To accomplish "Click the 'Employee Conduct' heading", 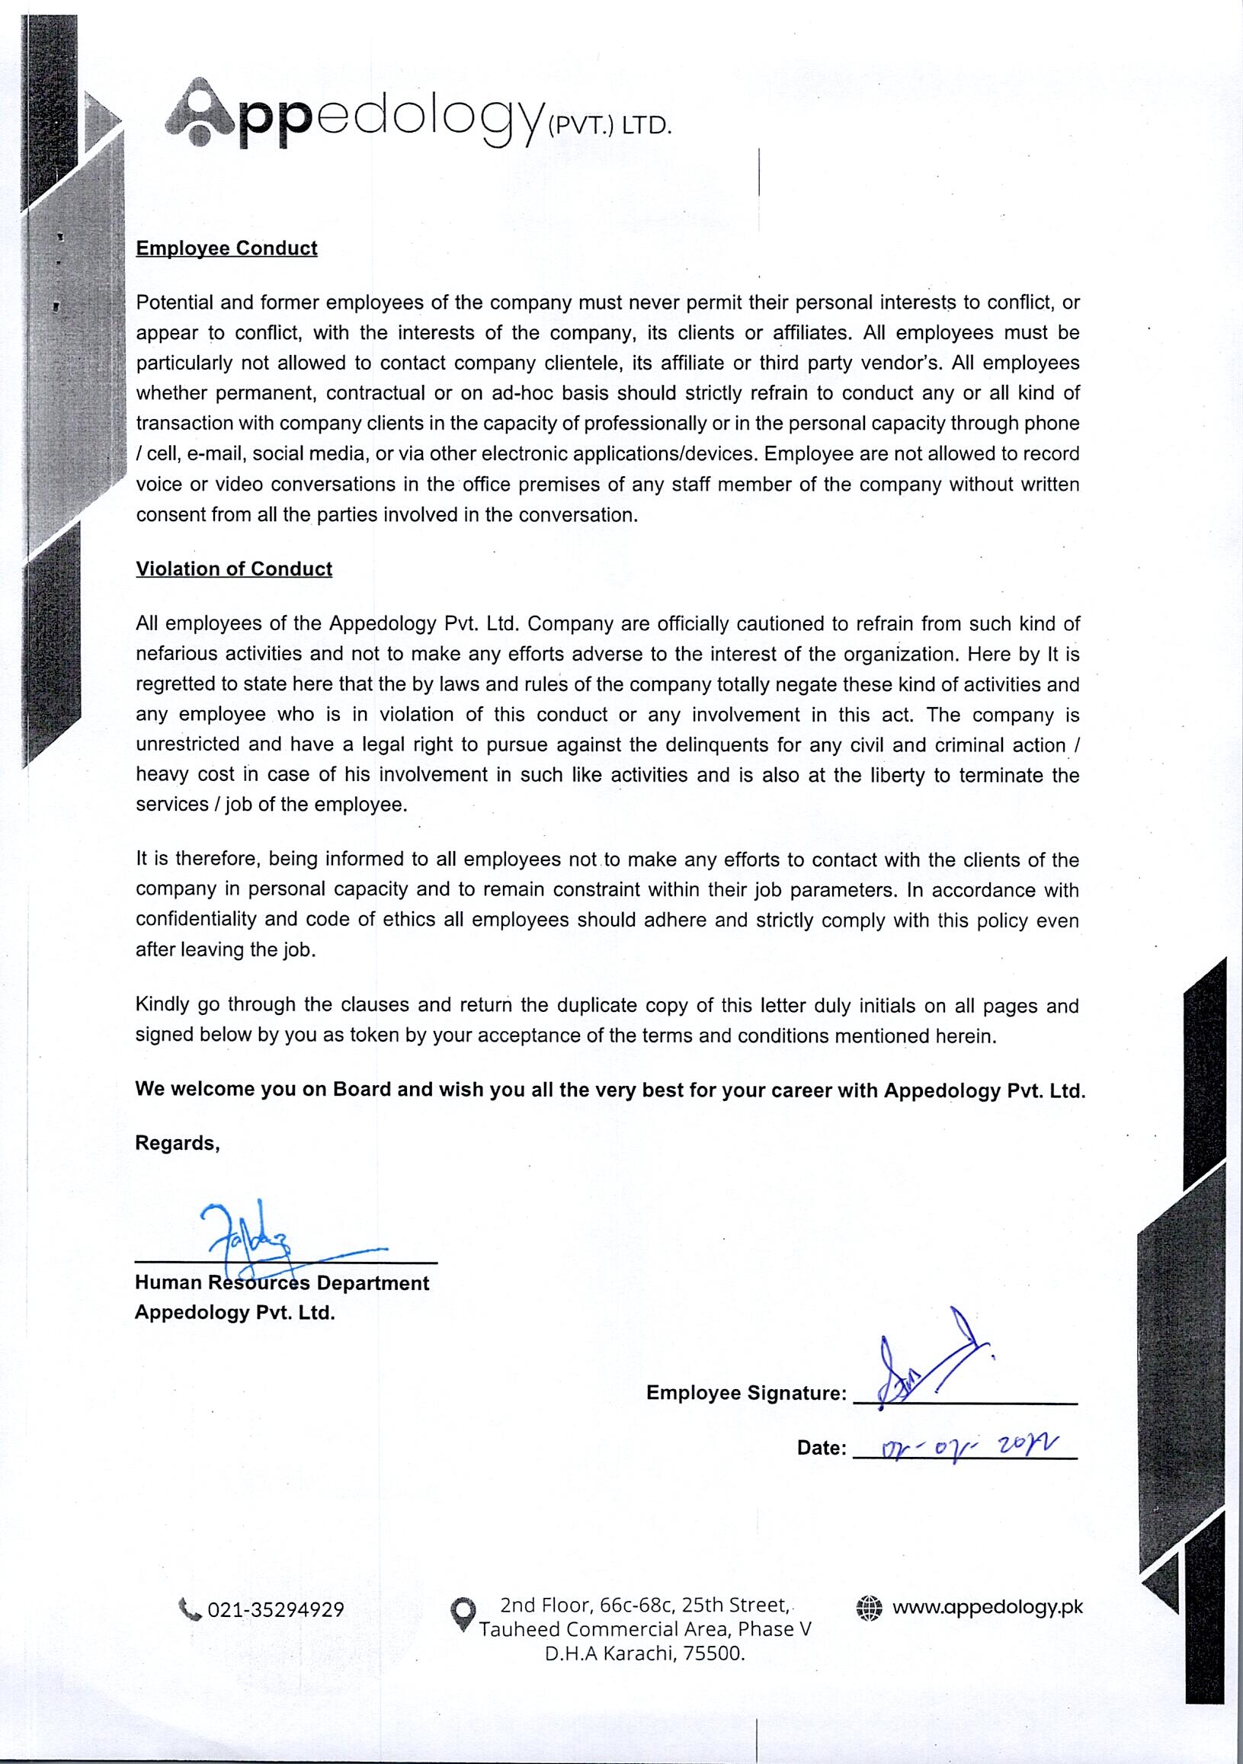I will pos(226,248).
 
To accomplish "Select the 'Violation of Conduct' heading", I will pos(233,568).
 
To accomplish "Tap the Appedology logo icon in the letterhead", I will pos(199,112).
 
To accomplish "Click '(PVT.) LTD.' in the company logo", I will pos(608,126).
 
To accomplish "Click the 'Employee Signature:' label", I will pos(746,1393).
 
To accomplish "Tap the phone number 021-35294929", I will pos(276,1609).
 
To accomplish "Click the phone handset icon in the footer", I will pos(189,1608).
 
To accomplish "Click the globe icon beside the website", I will pos(869,1607).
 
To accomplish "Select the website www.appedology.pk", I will pos(987,1606).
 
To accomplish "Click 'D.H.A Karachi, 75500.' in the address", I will pos(645,1654).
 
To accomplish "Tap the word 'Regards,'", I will pos(178,1143).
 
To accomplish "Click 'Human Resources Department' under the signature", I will pos(282,1283).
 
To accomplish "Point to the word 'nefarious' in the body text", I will pos(176,654).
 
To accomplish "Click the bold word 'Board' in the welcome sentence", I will pos(362,1090).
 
